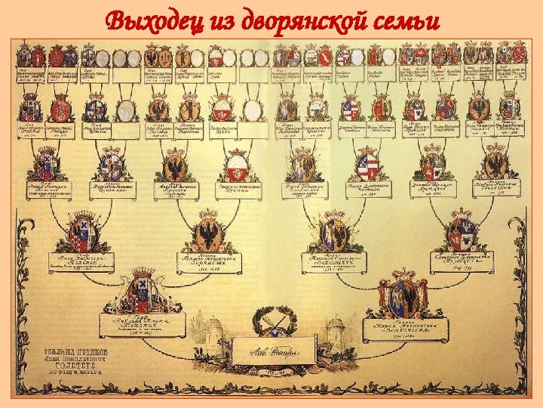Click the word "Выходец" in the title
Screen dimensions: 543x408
(x=155, y=20)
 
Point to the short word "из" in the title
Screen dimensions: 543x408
(x=221, y=20)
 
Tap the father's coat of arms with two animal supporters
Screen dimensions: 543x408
(x=141, y=291)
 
